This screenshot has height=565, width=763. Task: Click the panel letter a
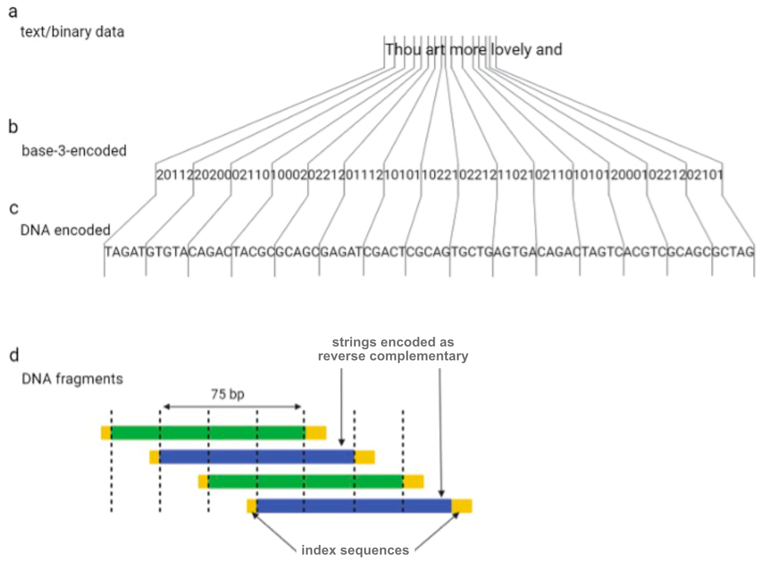point(13,12)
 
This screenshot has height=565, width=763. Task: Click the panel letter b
point(13,127)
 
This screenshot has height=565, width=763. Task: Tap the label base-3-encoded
point(74,151)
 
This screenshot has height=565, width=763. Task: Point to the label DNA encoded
point(65,230)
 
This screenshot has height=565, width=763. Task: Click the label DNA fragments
point(72,379)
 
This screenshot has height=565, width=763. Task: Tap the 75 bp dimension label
point(228,394)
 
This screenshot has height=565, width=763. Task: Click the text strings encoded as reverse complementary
point(393,349)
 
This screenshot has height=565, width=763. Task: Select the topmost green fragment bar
point(208,433)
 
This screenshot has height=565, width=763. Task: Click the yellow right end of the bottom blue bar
point(462,506)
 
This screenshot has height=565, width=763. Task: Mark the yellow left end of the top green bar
point(106,433)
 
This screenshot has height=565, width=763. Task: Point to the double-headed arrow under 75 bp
point(232,407)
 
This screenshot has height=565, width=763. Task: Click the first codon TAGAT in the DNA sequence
point(125,252)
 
